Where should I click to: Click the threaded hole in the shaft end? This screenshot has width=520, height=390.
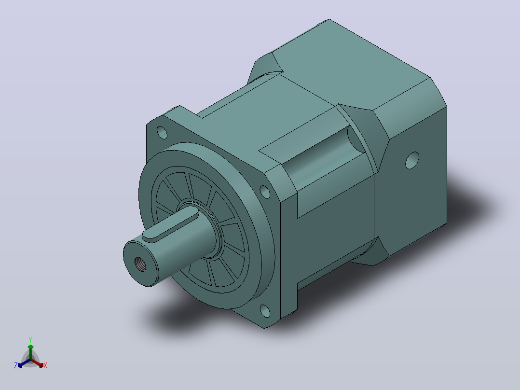pos(140,264)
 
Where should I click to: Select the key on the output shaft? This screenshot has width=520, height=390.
pos(170,223)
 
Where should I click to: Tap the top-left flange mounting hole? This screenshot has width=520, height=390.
pos(162,132)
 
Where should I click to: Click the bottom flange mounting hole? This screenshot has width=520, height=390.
pos(265,311)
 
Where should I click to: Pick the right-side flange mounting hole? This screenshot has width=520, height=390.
pos(265,192)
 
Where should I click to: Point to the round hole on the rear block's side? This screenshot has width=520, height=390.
pos(412,160)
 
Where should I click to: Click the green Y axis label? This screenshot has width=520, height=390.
pos(30,340)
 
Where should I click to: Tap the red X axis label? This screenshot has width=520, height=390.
pos(45,365)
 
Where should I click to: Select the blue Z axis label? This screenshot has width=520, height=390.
pos(16,365)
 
